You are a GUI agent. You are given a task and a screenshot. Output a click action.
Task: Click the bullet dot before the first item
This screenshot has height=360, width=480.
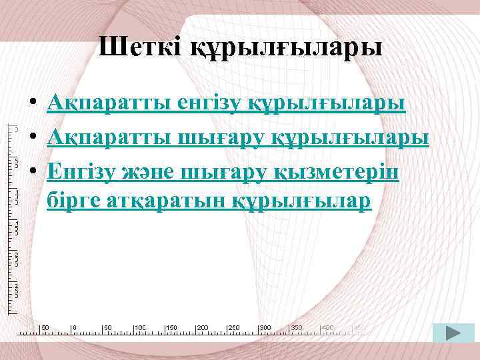point(32,105)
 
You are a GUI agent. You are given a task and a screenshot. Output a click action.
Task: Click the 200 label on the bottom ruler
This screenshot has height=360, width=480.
point(203,328)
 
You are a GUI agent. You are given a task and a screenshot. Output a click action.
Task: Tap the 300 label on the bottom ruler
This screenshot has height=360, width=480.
point(265,328)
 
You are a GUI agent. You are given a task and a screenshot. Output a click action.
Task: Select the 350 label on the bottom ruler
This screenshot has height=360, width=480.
point(297,328)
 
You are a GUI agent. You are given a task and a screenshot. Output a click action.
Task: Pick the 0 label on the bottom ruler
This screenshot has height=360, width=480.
point(75,328)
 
